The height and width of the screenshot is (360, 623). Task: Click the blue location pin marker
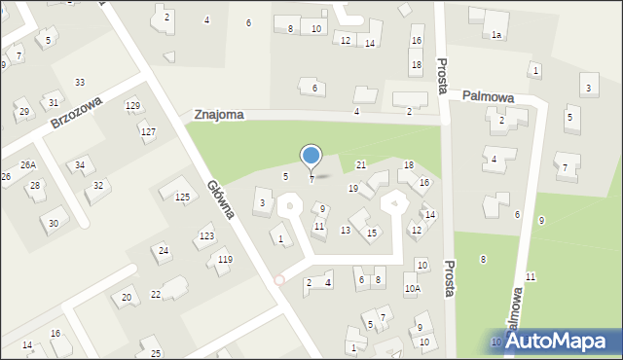(311, 156)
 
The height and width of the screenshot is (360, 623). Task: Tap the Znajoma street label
(218, 115)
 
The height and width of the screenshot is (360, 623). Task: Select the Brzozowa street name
(77, 112)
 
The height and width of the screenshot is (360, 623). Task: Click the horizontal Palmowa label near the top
(488, 96)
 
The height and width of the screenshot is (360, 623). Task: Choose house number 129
(132, 105)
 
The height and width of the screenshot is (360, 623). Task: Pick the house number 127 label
(148, 131)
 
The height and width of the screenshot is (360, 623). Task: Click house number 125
(182, 198)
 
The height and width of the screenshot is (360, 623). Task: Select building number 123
(206, 236)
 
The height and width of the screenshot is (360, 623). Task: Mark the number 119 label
(225, 259)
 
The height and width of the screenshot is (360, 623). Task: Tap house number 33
(80, 83)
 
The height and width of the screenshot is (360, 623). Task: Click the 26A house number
(28, 164)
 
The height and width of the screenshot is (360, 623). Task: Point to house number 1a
(495, 35)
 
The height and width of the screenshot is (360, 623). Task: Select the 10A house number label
(413, 288)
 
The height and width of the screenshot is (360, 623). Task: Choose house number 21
(360, 165)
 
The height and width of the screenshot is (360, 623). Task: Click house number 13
(345, 231)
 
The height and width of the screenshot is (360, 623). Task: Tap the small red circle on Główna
(279, 279)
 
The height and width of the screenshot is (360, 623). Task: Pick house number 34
(80, 164)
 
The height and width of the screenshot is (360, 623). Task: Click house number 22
(156, 295)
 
